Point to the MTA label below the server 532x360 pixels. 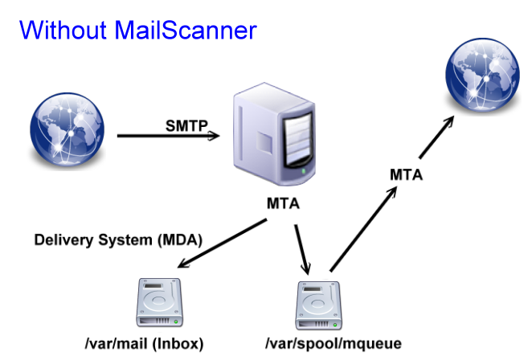tap(283, 205)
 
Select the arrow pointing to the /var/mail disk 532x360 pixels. tap(222, 245)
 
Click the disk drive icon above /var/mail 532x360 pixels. tap(161, 302)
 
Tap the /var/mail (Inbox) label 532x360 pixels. tap(144, 343)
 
